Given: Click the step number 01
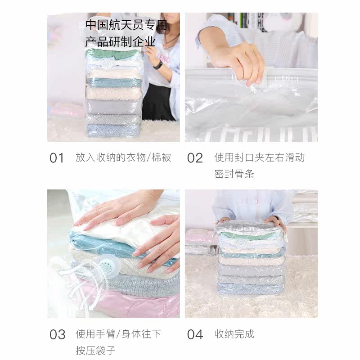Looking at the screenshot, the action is [57, 158].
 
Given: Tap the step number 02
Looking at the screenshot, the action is [195, 158].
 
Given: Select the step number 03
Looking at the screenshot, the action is [57, 334].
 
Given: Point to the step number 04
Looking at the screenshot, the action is [195, 334].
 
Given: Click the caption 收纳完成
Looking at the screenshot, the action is [234, 334].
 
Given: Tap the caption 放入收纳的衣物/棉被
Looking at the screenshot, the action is [123, 158].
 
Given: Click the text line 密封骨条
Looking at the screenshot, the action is [234, 174].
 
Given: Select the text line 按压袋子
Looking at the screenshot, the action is [95, 351].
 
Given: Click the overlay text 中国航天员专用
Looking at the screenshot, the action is [126, 25].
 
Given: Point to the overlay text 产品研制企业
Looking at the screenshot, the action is [120, 42].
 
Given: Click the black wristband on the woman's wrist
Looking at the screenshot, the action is [158, 65].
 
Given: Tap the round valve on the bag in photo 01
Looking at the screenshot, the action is [108, 64].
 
